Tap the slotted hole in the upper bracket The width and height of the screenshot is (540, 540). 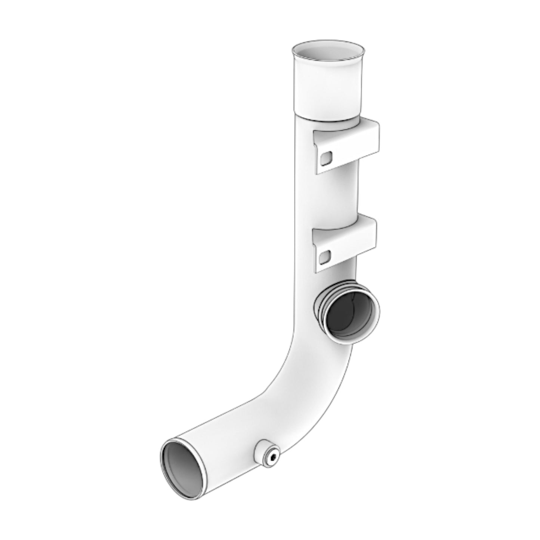[x=327, y=158]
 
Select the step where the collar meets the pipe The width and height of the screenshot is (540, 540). [x=325, y=118]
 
